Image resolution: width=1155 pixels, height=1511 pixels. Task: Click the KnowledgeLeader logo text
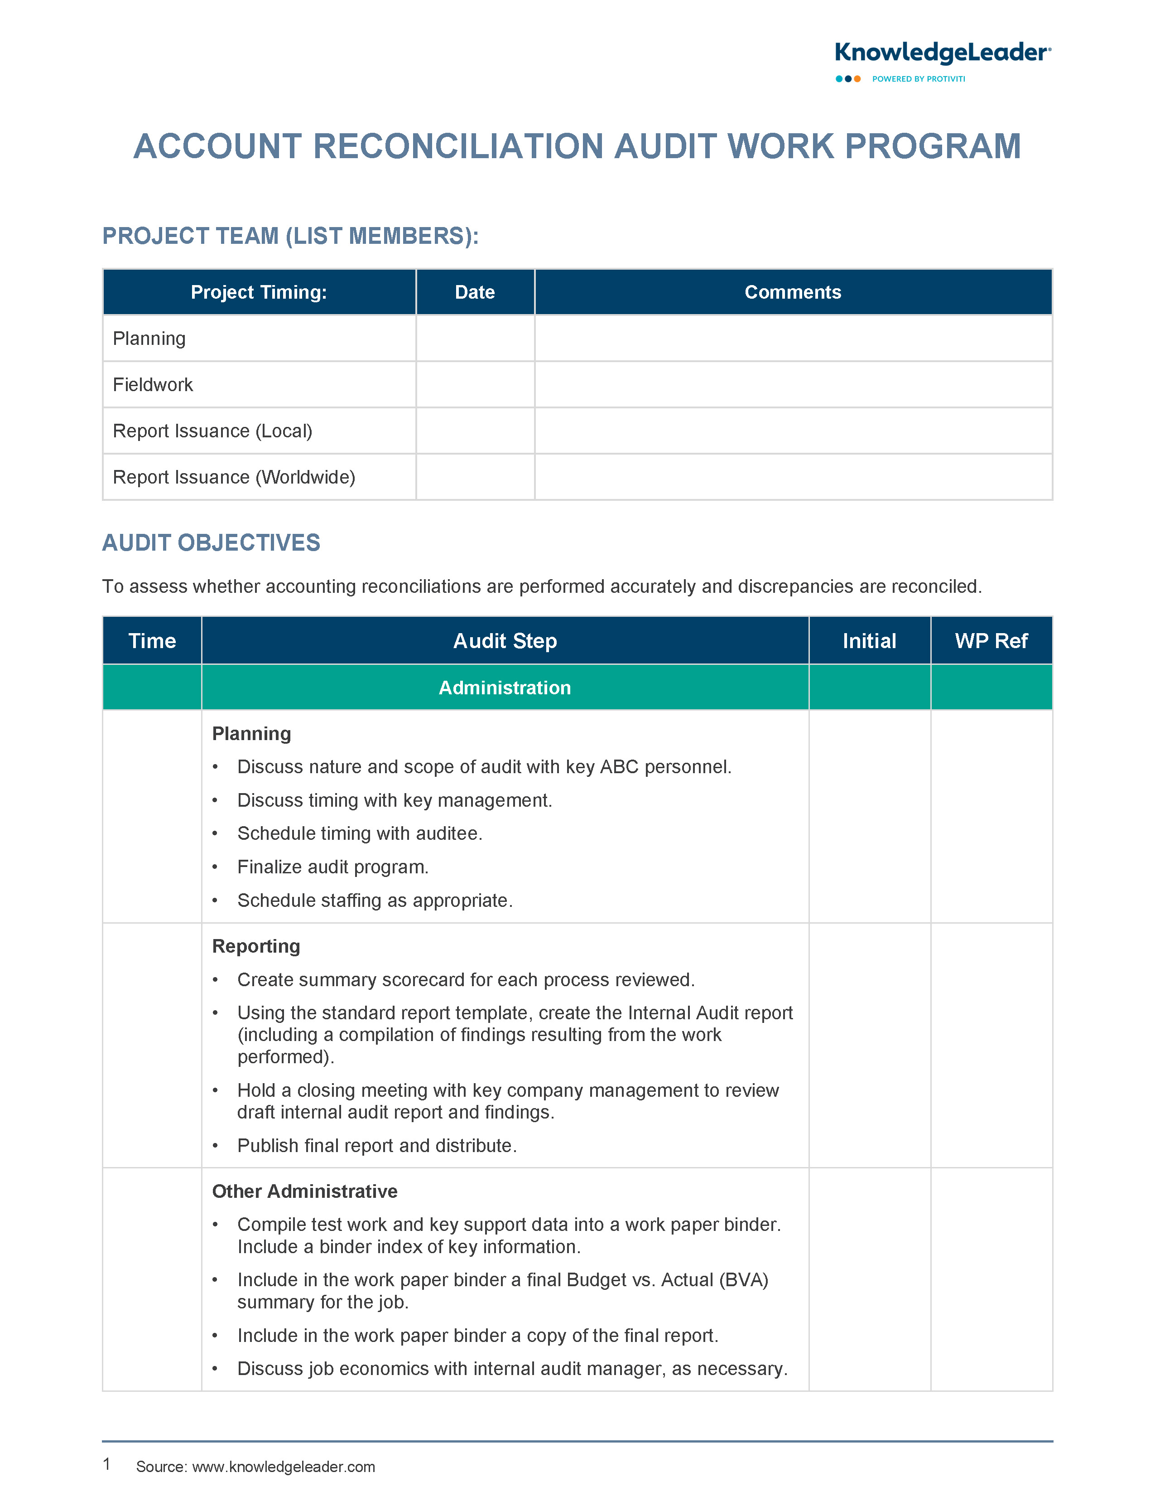pos(942,53)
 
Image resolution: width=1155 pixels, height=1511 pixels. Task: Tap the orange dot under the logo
pos(857,79)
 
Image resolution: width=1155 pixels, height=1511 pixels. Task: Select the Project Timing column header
pos(259,292)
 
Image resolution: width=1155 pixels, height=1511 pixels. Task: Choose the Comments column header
pos(793,292)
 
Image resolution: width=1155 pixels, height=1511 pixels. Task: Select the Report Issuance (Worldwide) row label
pos(234,477)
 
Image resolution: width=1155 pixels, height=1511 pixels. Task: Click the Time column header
pos(152,641)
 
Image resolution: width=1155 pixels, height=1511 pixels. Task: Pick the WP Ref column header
pos(991,641)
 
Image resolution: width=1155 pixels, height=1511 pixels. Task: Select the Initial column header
pos(869,641)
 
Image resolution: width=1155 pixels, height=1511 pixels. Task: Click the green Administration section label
pos(505,688)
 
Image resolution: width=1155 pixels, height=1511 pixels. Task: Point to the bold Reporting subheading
pos(256,946)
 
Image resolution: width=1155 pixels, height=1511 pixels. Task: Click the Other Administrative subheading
pos(304,1191)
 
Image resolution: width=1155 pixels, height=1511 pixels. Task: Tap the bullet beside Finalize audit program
pos(215,867)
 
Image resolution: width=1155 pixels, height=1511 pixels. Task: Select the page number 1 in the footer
pos(106,1464)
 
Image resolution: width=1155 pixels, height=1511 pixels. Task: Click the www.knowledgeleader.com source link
pos(283,1467)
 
